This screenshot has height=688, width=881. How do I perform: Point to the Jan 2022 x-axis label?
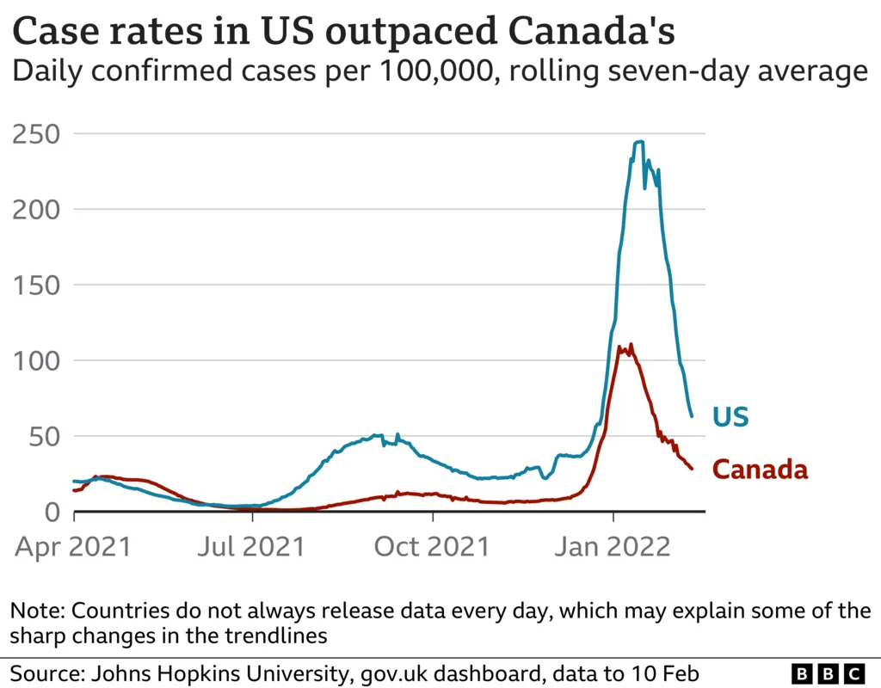click(x=613, y=546)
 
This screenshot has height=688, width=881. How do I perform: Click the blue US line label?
click(x=730, y=417)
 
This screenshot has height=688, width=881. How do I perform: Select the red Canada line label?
click(x=761, y=470)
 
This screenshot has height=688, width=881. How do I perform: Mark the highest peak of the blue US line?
click(x=638, y=142)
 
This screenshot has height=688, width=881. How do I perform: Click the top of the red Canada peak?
click(x=631, y=345)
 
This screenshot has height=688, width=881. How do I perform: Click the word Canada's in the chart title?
click(x=593, y=32)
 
